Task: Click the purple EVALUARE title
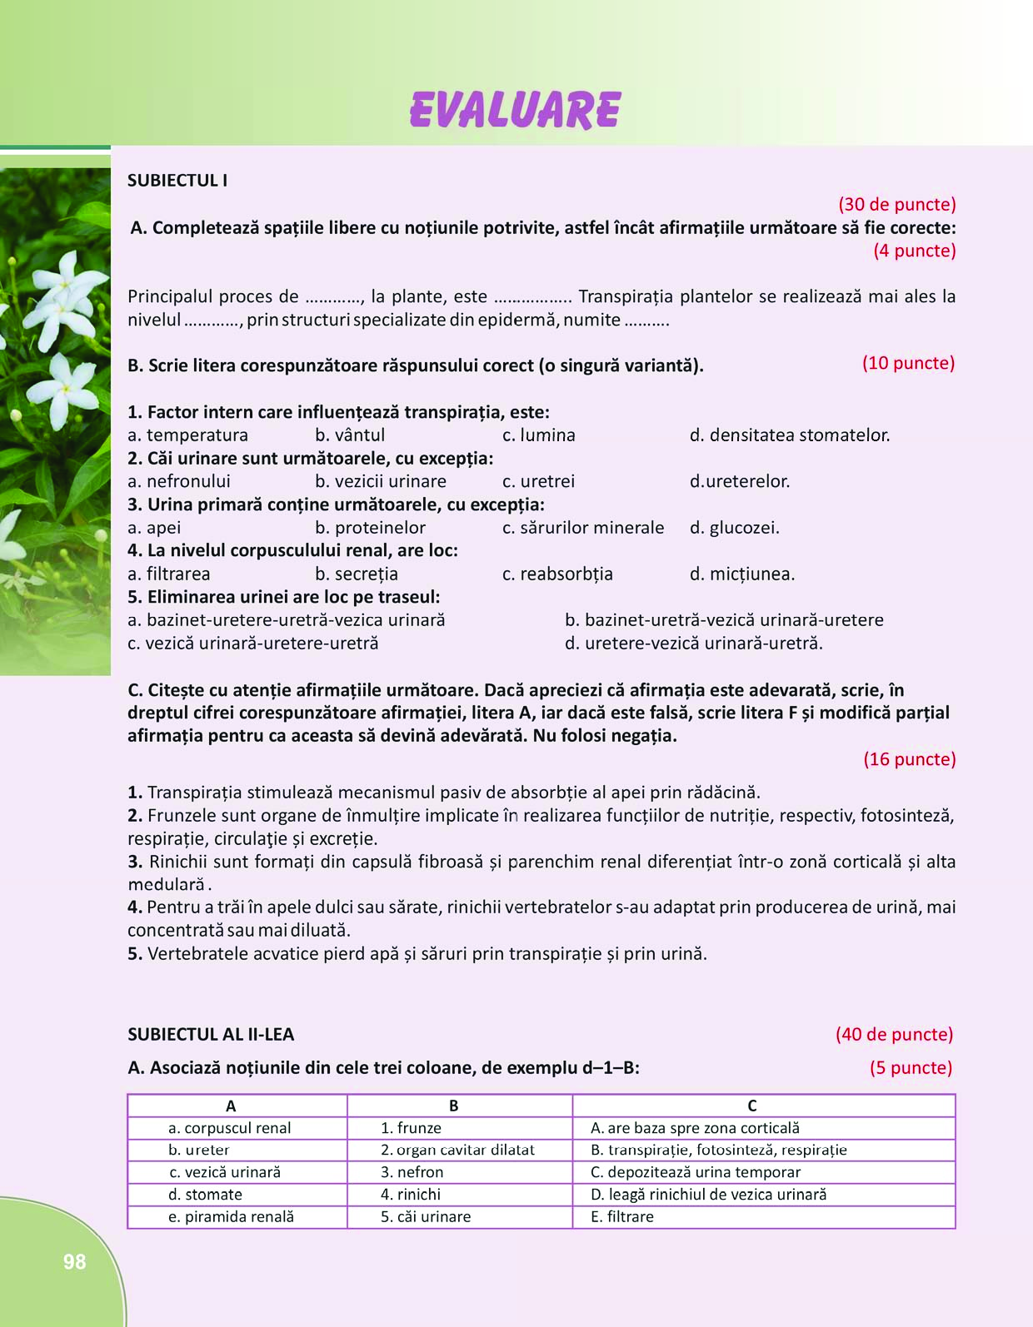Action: coord(515,110)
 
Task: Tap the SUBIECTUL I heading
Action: coord(177,181)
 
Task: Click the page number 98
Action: coord(74,1261)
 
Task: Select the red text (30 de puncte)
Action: coord(896,204)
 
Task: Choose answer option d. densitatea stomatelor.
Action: coord(789,435)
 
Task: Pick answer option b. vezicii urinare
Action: coord(381,481)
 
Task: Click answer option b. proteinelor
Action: coord(370,528)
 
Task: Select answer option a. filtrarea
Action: coord(169,574)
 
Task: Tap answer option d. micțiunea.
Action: coord(741,574)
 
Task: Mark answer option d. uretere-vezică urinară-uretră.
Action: coord(693,643)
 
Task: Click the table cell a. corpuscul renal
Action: coord(230,1128)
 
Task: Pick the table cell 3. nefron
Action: coord(412,1172)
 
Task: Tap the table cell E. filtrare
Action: coord(621,1216)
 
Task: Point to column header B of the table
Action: coord(453,1106)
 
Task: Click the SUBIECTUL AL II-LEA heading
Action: coord(211,1034)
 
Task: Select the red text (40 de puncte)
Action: coord(894,1034)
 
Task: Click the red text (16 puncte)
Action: coord(909,759)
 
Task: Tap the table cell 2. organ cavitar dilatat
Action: coord(457,1150)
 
